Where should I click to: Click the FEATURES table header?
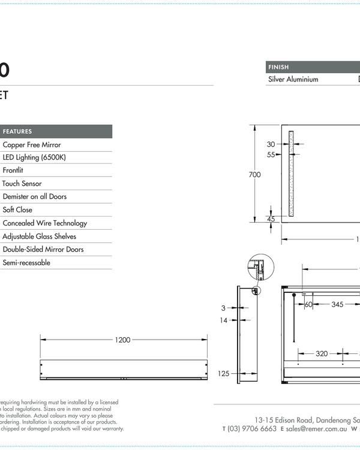point(18,131)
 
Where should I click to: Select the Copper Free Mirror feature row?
point(32,145)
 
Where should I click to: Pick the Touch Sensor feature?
point(22,184)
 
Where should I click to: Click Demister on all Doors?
point(35,197)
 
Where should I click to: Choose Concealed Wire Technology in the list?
point(45,223)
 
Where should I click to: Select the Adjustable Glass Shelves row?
point(40,236)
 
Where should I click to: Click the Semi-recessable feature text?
point(26,263)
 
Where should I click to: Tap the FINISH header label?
point(278,67)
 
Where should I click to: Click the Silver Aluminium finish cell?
point(293,79)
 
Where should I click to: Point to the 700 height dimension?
point(254,175)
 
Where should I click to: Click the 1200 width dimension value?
point(122,340)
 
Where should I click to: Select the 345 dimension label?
point(337,305)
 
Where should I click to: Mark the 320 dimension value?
point(322,353)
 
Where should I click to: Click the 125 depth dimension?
point(223,374)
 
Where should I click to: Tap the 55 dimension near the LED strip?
point(271,154)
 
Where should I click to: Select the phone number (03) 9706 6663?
point(252,428)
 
